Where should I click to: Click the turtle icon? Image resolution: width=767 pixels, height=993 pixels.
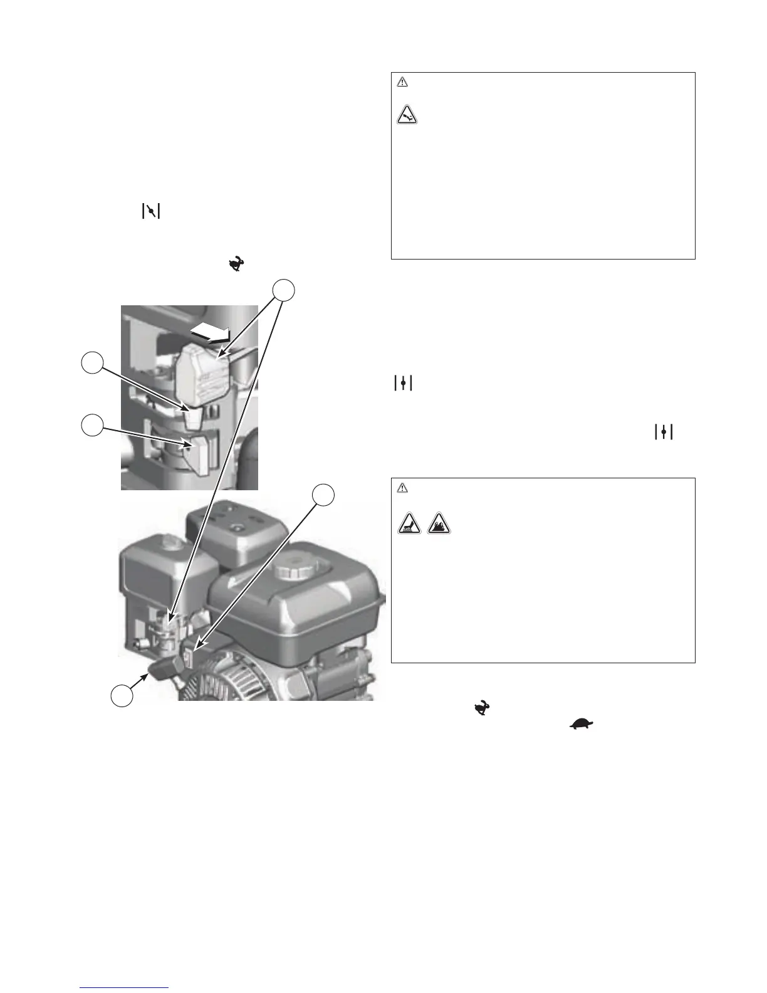582,724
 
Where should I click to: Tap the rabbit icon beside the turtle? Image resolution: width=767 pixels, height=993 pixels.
482,710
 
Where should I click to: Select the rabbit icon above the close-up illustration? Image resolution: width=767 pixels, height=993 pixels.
236,265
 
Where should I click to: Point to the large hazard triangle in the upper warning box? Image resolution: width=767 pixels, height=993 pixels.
408,115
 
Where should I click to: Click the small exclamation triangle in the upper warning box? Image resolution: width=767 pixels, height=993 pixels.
402,81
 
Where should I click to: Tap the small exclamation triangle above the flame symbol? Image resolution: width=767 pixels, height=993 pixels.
402,487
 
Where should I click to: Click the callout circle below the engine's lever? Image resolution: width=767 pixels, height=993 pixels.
122,696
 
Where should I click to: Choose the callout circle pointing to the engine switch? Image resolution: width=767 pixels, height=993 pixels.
323,495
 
